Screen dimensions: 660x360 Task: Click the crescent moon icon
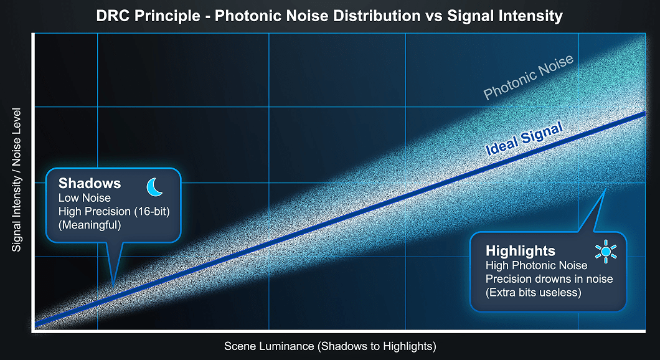154,187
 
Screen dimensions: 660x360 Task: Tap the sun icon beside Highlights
606,252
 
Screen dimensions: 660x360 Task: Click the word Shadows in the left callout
90,183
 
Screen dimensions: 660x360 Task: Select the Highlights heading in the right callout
521,251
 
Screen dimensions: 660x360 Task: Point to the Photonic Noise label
528,77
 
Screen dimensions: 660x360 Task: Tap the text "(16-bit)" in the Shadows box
152,211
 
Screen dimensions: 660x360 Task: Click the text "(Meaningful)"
90,225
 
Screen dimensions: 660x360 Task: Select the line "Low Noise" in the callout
85,198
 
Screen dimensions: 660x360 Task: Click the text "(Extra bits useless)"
534,292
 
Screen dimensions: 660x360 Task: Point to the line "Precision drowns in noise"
549,279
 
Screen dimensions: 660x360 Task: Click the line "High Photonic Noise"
536,265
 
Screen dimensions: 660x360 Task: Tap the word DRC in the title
112,16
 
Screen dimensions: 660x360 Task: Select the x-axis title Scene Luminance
330,346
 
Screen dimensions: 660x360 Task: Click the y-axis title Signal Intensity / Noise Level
16,180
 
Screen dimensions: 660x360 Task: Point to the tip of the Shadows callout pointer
113,288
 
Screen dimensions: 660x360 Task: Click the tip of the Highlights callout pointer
605,189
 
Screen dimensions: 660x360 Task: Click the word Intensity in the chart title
530,16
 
